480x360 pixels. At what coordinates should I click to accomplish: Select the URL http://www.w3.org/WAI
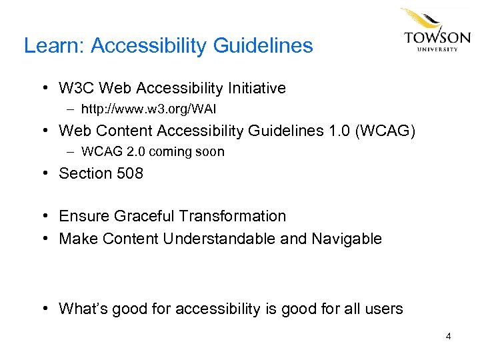149,108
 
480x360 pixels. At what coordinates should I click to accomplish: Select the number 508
129,173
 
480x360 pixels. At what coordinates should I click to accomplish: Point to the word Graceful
143,216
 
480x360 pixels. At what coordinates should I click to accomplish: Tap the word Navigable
347,239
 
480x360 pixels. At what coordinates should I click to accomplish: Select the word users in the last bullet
383,309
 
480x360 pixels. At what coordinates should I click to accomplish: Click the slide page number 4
449,336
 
